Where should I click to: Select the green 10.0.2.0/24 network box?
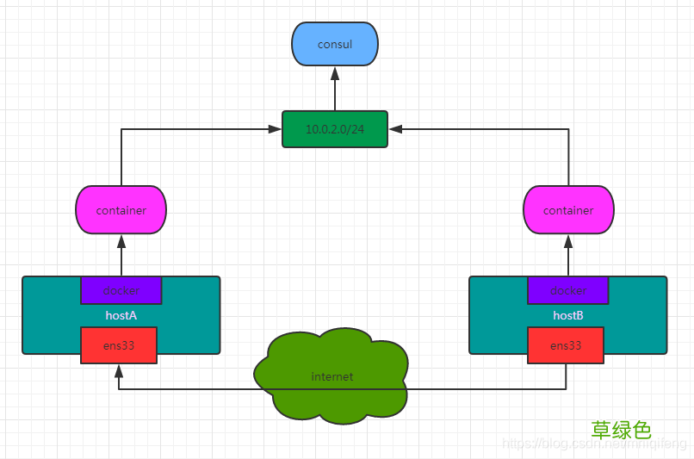[x=335, y=129]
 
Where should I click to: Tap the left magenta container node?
[x=121, y=210]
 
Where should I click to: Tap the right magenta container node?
[x=568, y=210]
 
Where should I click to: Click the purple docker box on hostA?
[x=121, y=290]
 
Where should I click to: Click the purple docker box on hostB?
[x=568, y=290]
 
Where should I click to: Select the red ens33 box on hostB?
[x=566, y=345]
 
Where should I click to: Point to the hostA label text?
[x=121, y=316]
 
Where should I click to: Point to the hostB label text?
[x=568, y=316]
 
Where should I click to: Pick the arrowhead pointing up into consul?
[x=335, y=72]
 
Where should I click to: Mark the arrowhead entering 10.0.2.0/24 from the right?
[x=395, y=129]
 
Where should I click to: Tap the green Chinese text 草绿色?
[x=621, y=429]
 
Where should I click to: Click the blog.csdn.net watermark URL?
[x=594, y=444]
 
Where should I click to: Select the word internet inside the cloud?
[x=332, y=376]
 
